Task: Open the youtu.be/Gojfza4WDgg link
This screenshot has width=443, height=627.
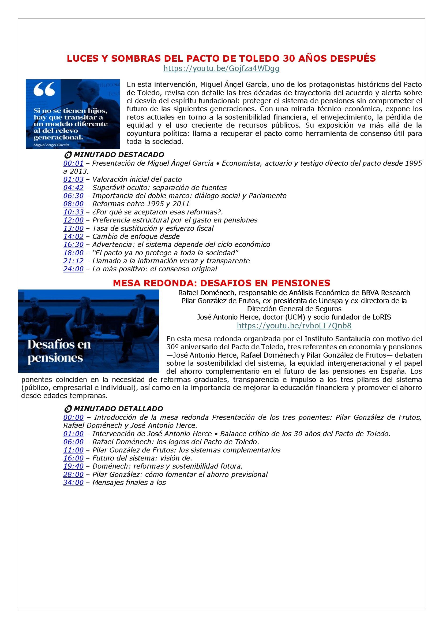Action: [x=221, y=69]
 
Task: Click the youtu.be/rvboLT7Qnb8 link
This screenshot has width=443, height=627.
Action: [x=294, y=325]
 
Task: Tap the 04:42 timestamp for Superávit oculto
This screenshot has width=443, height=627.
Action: [x=73, y=188]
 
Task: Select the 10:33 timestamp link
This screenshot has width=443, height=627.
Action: [x=73, y=212]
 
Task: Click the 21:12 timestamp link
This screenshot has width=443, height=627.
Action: [x=73, y=261]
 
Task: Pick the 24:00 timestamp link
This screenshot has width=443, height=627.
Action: [x=73, y=269]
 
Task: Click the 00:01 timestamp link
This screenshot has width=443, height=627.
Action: [x=73, y=163]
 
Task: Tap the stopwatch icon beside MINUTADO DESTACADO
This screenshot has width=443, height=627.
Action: [x=68, y=155]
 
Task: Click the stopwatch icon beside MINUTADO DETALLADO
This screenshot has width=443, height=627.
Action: [x=68, y=409]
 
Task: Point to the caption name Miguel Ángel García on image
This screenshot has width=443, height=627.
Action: [x=51, y=145]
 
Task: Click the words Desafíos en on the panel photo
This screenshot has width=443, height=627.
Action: [x=59, y=345]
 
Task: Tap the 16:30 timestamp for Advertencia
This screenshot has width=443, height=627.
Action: [x=73, y=244]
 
